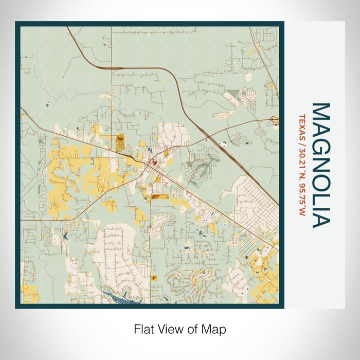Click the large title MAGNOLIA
point(320,165)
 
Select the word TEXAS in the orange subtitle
point(302,127)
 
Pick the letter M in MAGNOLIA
point(320,111)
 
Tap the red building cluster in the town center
point(153,164)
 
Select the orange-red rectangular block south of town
point(158,196)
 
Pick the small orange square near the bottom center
point(153,278)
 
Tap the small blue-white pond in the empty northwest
point(47,104)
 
